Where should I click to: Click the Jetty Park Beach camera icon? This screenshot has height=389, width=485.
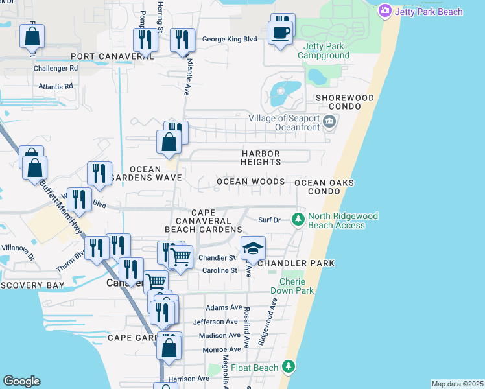(385, 10)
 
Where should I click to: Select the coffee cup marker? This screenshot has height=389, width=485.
(280, 33)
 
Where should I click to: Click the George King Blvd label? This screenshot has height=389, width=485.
(230, 39)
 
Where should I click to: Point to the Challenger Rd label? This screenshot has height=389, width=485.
(56, 67)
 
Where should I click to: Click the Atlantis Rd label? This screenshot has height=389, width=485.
(55, 86)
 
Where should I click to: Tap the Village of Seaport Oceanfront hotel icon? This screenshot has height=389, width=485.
(329, 121)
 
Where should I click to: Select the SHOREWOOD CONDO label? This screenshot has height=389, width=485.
(344, 102)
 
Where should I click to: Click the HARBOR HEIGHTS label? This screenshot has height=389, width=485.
(261, 158)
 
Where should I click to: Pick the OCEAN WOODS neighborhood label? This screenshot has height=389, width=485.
(250, 182)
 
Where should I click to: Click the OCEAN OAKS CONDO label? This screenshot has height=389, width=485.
(324, 187)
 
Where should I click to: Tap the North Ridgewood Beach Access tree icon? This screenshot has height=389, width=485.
(298, 218)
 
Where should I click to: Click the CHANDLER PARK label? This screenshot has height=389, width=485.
(296, 263)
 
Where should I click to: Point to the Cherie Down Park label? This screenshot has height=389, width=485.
(296, 287)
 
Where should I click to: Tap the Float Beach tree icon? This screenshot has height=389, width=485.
(288, 368)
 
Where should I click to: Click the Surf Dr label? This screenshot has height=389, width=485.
(269, 220)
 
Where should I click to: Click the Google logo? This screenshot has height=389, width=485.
(21, 381)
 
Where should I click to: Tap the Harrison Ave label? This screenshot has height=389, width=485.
(189, 379)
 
